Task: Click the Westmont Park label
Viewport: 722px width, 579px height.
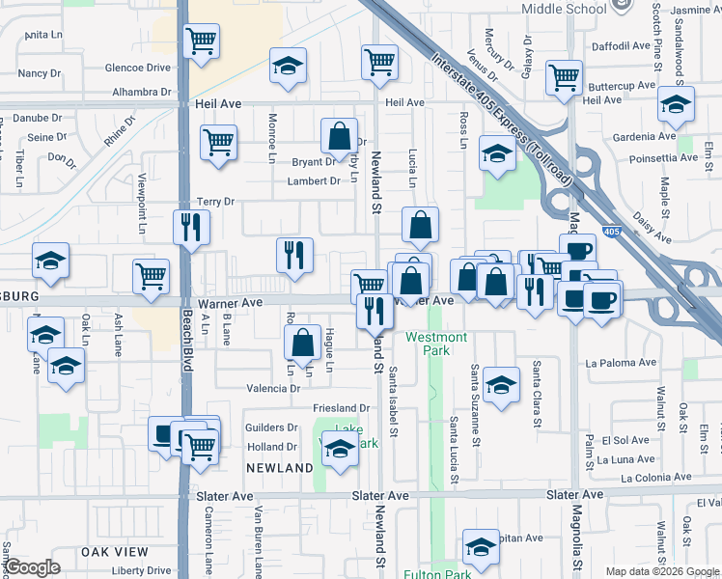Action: pyautogui.click(x=436, y=344)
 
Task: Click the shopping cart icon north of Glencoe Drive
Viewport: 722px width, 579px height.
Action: pyautogui.click(x=202, y=41)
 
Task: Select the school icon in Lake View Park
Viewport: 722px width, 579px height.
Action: pyautogui.click(x=340, y=449)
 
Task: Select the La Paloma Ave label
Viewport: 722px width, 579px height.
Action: pyautogui.click(x=622, y=364)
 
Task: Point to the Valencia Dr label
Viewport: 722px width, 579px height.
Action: pyautogui.click(x=274, y=388)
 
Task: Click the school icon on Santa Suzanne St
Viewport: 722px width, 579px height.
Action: pyautogui.click(x=501, y=385)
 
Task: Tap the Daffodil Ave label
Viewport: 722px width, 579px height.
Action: pyautogui.click(x=621, y=45)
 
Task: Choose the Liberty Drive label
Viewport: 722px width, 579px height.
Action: pyautogui.click(x=141, y=571)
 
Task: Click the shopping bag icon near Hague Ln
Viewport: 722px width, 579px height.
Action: pyautogui.click(x=303, y=342)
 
